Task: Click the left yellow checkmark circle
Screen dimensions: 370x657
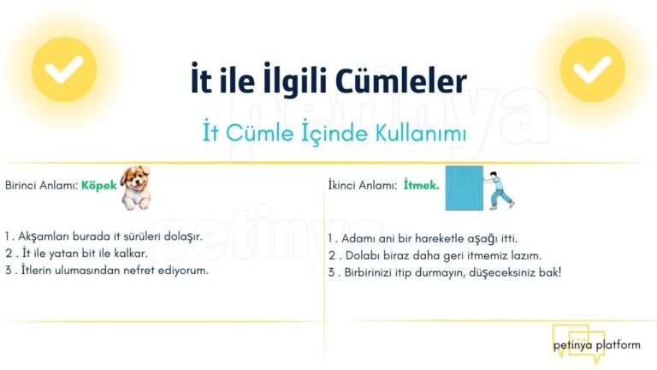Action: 64,69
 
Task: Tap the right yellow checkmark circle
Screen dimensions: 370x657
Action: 592,69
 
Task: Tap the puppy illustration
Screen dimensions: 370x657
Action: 136,188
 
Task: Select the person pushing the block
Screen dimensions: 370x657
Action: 503,188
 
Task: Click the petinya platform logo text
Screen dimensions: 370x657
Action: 596,345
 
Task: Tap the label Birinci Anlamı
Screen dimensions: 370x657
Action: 40,186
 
